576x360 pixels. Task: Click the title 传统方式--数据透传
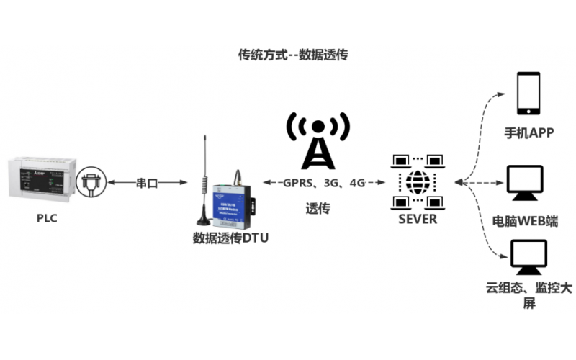tap(292, 55)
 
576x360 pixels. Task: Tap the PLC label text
tap(47, 218)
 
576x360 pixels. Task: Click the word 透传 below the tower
tap(318, 209)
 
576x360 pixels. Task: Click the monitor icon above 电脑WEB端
tap(524, 185)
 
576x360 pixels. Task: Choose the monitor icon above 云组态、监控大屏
tap(526, 257)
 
